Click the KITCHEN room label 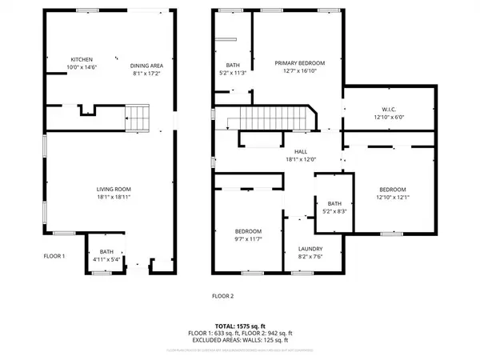(x=82, y=60)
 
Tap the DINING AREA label (x=146, y=66)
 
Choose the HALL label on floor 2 (x=301, y=151)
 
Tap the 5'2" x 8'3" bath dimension (x=330, y=212)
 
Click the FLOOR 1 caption (x=54, y=256)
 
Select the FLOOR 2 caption (x=222, y=295)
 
